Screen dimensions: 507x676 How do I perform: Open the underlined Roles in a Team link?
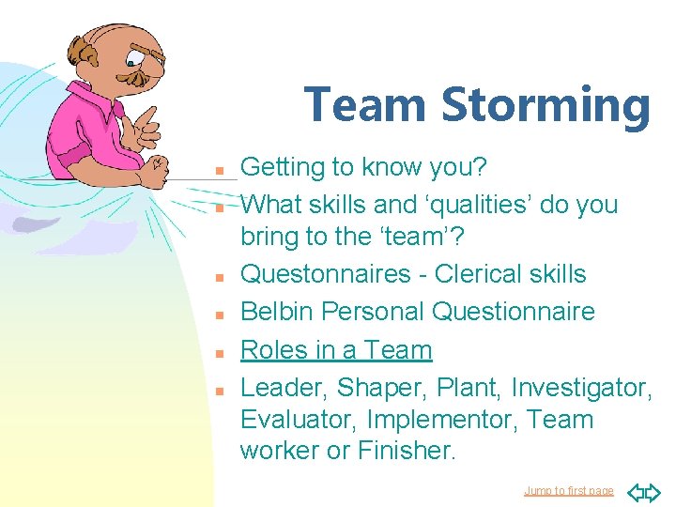336,350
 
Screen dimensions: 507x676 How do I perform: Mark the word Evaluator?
299,420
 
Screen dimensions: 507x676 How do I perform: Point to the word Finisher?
406,451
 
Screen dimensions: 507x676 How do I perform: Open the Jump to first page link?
568,491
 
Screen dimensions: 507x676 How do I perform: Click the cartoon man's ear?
88,57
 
